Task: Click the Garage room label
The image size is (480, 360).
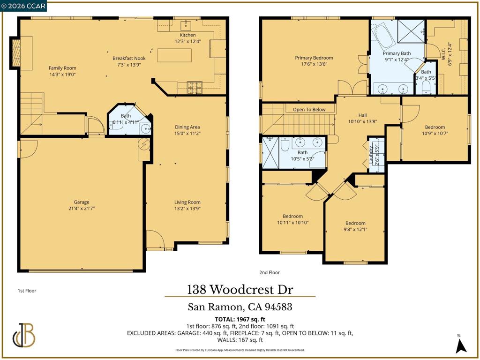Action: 82,202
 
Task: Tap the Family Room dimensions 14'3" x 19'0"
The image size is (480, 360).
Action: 62,75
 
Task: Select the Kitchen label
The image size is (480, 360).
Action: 187,35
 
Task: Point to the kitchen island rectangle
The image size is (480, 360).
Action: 174,55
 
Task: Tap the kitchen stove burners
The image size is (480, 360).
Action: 195,88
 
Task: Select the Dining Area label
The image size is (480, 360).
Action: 187,127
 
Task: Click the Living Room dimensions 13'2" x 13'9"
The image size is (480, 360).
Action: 187,209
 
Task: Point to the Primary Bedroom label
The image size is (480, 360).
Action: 314,58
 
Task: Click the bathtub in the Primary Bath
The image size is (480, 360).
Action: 383,37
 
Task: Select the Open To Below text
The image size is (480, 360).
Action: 309,110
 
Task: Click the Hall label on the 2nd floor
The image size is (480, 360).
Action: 362,115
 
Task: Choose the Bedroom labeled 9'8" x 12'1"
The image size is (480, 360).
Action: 355,223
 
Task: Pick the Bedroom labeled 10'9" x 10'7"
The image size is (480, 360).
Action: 435,127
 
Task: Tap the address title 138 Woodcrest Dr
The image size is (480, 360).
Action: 240,290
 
